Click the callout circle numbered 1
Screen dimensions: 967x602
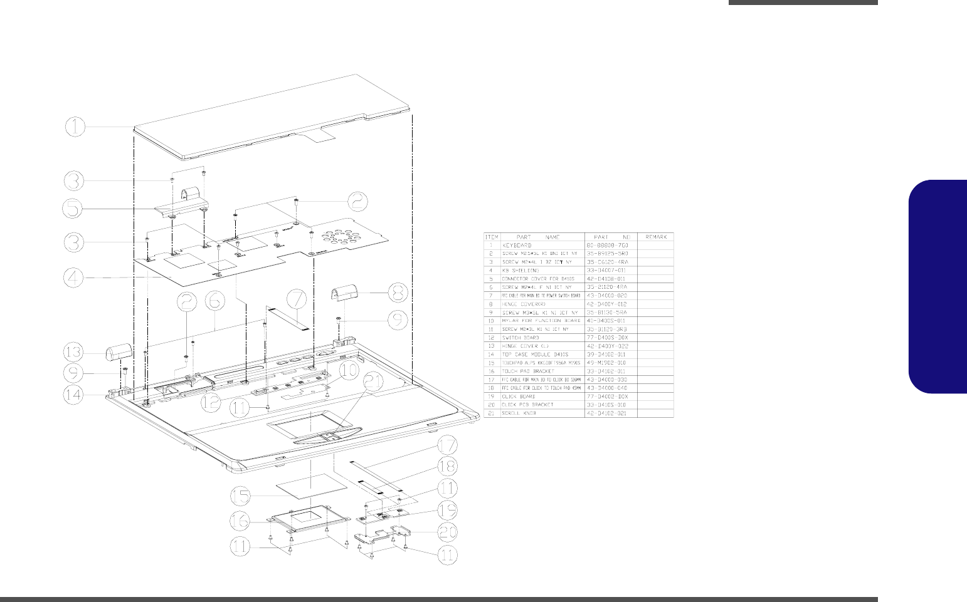tap(75, 128)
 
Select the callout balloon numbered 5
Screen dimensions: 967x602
tap(75, 208)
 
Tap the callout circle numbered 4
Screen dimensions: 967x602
tap(75, 278)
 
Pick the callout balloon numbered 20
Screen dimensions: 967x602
tap(448, 532)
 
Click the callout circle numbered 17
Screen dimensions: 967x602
tap(447, 447)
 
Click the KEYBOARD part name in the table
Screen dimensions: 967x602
tap(516, 245)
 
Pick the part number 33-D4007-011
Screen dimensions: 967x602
tap(606, 270)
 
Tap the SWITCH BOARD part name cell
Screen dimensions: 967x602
tap(521, 338)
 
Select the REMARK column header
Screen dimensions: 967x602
tap(655, 237)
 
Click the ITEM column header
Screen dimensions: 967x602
tap(492, 237)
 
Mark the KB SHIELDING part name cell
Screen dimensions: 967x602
tap(520, 270)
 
